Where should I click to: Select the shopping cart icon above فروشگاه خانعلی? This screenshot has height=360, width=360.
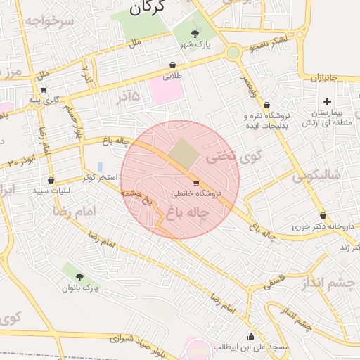(195, 183)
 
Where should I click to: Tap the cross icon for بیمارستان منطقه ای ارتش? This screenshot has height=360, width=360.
(327, 102)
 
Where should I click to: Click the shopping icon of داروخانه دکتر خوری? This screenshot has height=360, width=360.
(323, 216)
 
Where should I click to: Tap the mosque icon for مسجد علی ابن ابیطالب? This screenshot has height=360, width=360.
(252, 336)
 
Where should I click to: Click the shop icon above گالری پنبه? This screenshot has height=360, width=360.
(44, 90)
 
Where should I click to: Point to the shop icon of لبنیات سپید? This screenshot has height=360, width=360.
(51, 181)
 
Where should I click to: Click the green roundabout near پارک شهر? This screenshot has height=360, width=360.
(233, 53)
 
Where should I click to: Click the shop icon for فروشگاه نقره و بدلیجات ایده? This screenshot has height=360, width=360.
(267, 105)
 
